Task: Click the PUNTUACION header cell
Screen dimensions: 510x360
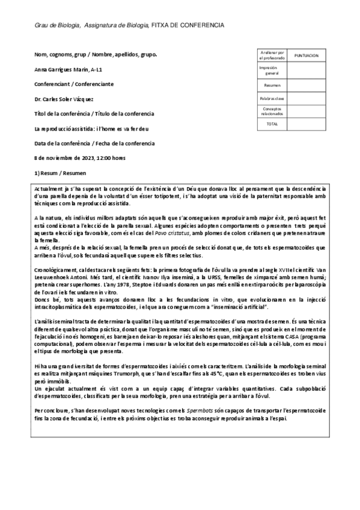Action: pyautogui.click(x=307, y=55)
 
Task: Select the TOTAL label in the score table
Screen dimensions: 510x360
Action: pyautogui.click(x=272, y=124)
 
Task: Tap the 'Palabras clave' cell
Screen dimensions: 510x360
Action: pyautogui.click(x=272, y=99)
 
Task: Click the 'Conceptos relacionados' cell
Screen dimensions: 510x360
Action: pyautogui.click(x=272, y=111)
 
